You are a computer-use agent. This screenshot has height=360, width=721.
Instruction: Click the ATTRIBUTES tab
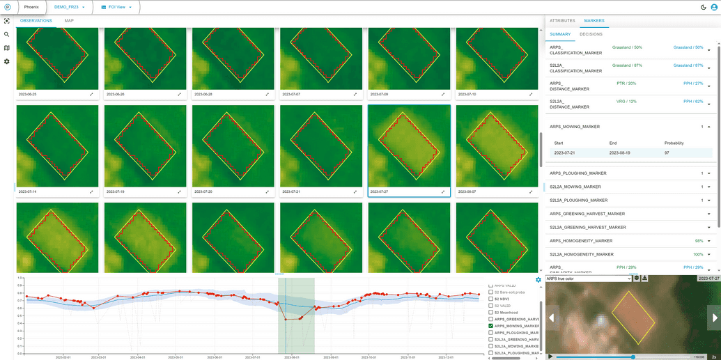coord(562,21)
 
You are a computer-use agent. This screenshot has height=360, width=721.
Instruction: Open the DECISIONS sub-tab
coord(591,34)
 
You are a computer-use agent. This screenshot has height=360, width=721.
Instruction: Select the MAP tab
coord(69,21)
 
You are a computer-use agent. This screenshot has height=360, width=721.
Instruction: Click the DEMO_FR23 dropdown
coord(70,7)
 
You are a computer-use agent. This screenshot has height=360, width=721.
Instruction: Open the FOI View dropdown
coord(116,7)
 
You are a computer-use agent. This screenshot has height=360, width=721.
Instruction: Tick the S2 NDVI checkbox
coord(491,299)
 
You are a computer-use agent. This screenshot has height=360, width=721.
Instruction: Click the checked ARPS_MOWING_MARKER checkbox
coord(491,326)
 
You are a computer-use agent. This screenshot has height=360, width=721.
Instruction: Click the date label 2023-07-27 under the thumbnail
coord(380,191)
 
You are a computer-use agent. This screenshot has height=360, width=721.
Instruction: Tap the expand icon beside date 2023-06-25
coord(91,94)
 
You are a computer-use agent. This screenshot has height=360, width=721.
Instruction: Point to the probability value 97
coord(667,152)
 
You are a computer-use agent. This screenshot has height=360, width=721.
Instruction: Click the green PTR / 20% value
coord(626,84)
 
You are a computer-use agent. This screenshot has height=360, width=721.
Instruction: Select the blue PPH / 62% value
coord(693,102)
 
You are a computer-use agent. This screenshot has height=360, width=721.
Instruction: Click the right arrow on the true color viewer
coord(714,318)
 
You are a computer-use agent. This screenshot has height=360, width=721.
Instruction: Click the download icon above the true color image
coord(645,279)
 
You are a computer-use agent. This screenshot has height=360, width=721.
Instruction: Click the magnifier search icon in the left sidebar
coord(7,34)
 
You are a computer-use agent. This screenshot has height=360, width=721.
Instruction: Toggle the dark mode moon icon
coord(704,7)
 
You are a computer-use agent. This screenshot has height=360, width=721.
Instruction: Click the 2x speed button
coord(714,357)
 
